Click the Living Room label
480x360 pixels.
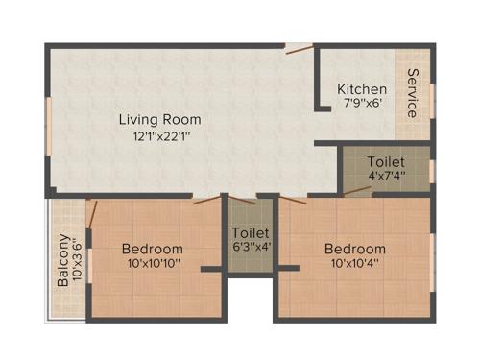point(159,119)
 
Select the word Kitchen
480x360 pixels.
point(362,89)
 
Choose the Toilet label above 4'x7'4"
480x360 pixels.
point(386,161)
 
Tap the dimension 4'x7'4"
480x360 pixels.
point(386,177)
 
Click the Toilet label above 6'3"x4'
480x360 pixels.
point(250,233)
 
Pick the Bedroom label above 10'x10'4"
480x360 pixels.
point(355,248)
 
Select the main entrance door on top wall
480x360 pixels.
point(299,45)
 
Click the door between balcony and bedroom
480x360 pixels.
point(89,215)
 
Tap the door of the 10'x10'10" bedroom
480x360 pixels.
point(206,200)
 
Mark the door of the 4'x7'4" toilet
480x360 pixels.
point(357,190)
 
